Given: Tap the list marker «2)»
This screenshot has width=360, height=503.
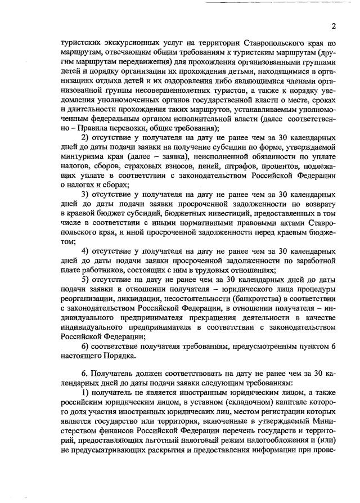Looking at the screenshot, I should [87, 138].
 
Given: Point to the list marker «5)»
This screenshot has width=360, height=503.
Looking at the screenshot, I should [87, 280].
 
